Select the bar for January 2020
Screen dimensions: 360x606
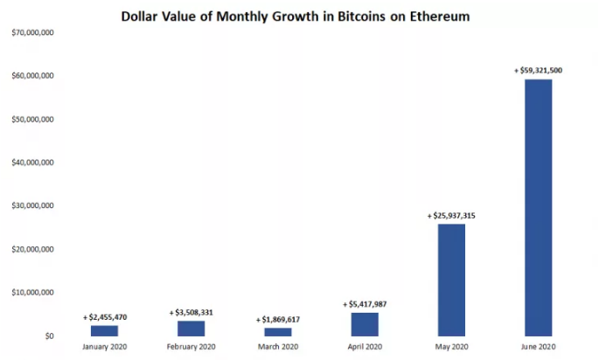point(105,330)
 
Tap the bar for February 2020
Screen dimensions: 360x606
point(192,328)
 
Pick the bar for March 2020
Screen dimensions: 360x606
point(278,331)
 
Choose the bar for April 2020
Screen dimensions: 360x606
point(365,323)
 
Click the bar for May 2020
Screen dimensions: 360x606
point(451,280)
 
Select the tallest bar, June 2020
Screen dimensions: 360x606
point(538,207)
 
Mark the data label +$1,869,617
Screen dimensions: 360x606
point(277,319)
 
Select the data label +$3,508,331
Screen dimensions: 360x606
point(191,312)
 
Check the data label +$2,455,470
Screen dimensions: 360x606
point(105,316)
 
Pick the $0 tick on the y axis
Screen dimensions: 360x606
point(49,336)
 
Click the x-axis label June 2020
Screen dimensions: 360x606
point(538,347)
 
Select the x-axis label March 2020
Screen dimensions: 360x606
point(278,347)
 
